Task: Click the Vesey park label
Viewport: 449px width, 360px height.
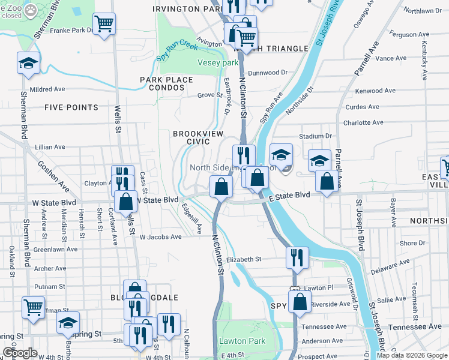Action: pos(218,63)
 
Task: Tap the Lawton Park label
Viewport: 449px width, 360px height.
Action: pos(242,341)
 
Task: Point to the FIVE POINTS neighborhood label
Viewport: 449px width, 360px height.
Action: pos(71,107)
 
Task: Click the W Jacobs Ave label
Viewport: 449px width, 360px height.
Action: pos(160,237)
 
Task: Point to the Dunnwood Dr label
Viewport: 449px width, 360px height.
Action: pos(268,73)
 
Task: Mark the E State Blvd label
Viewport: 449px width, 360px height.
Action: pos(289,195)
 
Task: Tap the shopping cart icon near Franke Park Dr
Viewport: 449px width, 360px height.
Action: pos(104,24)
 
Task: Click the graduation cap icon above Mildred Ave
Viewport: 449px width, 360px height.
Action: pos(28,63)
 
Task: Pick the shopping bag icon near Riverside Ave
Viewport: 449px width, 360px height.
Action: pos(300,301)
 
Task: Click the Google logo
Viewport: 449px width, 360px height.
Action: pos(20,353)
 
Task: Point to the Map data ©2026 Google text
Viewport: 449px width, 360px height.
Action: pos(411,355)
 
